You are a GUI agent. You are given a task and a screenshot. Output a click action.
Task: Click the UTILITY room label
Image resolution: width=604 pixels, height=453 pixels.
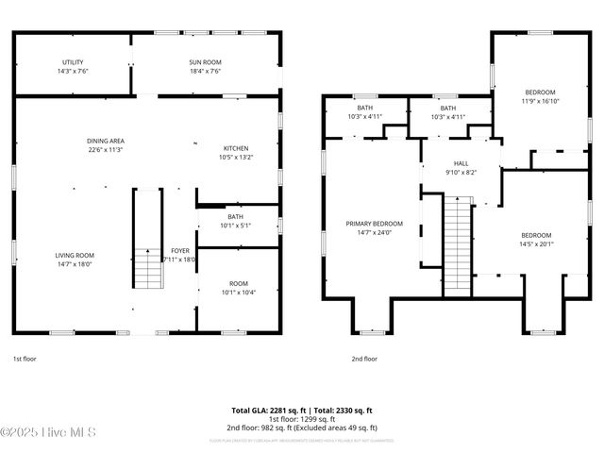(x=73, y=62)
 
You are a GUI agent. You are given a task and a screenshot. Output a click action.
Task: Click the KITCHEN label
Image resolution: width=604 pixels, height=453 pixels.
(x=236, y=148)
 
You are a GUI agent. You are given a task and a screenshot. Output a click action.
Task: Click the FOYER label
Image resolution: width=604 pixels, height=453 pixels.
(x=179, y=251)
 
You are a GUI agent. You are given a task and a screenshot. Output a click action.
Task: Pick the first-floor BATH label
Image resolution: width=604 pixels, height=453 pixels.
(x=235, y=216)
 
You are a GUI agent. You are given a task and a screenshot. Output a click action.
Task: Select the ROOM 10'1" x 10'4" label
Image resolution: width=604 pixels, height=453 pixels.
(x=238, y=283)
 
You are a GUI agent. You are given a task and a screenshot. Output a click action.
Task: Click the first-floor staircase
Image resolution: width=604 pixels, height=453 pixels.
(x=146, y=241)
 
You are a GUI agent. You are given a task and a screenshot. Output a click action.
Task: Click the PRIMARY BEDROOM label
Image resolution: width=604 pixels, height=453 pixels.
(x=374, y=224)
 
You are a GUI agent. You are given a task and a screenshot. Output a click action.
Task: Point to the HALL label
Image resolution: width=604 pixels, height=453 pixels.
(x=461, y=163)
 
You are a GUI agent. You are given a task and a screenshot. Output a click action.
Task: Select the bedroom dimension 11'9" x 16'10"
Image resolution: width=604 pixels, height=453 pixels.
(x=540, y=100)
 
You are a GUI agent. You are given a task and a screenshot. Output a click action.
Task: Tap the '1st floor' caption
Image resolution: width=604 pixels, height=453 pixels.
(x=25, y=359)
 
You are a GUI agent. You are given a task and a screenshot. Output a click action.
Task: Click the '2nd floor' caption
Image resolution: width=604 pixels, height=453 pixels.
(x=364, y=359)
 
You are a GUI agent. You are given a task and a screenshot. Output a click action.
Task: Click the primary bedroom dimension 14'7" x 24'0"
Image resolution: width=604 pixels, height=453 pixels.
(x=374, y=232)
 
